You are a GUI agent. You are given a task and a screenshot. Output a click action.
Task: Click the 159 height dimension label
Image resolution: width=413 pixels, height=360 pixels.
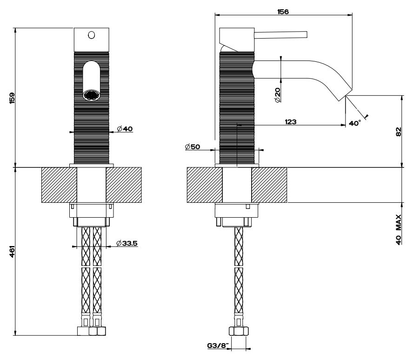[13, 98]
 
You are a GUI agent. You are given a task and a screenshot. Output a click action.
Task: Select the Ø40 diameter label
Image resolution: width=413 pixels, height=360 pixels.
[125, 128]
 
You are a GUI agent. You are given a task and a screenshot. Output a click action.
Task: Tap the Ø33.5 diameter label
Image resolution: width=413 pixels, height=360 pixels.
[127, 243]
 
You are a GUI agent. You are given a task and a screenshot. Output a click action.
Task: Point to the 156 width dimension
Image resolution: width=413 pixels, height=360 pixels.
[282, 12]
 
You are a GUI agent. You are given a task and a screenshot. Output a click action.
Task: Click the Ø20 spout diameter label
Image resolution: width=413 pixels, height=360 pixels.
[277, 95]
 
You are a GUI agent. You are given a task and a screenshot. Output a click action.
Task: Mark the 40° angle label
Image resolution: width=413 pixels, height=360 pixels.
[355, 123]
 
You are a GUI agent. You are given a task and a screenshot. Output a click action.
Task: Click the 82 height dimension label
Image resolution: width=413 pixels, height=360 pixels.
[399, 132]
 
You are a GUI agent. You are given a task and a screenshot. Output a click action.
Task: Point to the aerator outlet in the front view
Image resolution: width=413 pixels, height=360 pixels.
[91, 95]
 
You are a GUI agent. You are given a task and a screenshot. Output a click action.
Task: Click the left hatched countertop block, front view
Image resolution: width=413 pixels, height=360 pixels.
[59, 185]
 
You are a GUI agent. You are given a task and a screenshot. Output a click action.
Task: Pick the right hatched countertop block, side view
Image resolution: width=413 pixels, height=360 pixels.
[269, 185]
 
